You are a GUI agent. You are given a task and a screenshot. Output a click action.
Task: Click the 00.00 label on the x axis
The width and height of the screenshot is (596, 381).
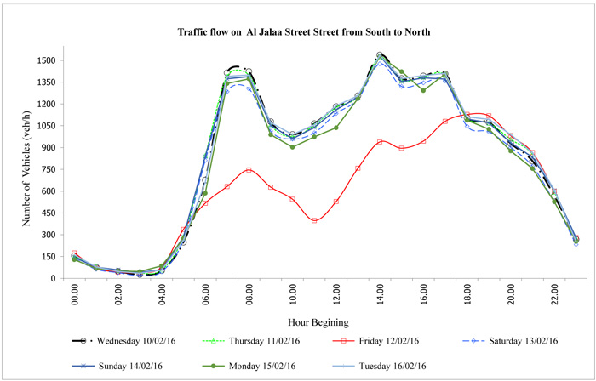click(74, 296)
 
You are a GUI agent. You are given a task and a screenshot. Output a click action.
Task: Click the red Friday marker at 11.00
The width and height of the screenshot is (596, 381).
click(315, 221)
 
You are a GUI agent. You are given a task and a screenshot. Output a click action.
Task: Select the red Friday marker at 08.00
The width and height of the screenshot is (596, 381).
click(249, 170)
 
